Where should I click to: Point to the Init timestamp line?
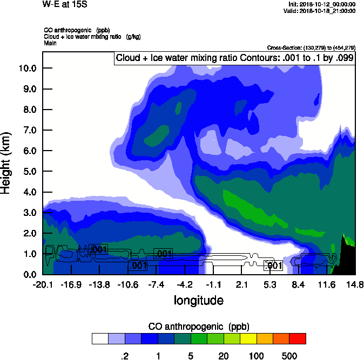322,4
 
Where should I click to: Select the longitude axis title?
198,300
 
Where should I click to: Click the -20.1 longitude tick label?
42,284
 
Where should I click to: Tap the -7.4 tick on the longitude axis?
156,284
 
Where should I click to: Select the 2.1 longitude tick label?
241,284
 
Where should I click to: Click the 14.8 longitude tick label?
354,284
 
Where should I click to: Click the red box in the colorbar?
298,339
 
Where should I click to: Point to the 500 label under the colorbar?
289,356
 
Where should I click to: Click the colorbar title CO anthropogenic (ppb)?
198,327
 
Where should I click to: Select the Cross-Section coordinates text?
311,48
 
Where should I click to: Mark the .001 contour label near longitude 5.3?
273,265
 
